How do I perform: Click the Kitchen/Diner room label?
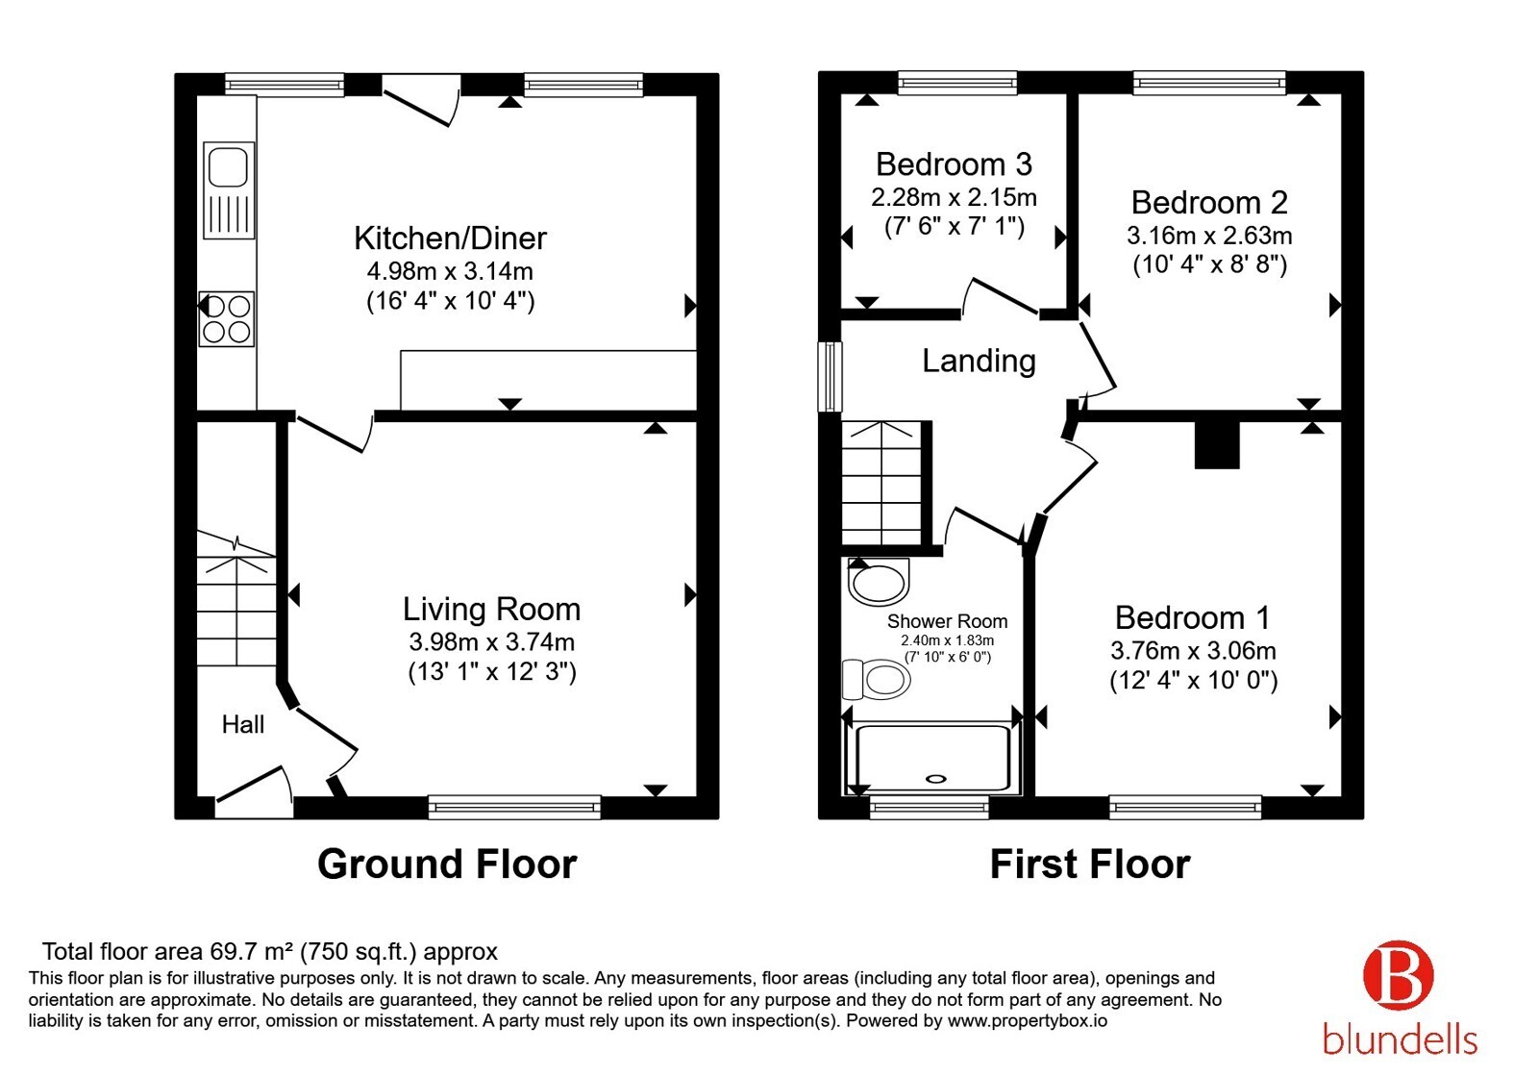click(450, 238)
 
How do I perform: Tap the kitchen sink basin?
click(228, 165)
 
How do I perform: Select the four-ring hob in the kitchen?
click(227, 318)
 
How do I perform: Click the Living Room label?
click(491, 610)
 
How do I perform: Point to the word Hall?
click(243, 724)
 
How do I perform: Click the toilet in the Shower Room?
click(876, 679)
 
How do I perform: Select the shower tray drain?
click(936, 778)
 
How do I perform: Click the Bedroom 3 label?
click(954, 164)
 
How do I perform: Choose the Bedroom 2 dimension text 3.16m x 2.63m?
click(1209, 236)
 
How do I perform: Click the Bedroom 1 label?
click(1193, 617)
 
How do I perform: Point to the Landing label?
click(979, 361)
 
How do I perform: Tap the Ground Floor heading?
click(447, 864)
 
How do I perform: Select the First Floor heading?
click(1090, 864)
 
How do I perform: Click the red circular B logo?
click(1399, 976)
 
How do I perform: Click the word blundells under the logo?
click(1400, 1040)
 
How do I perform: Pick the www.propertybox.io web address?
click(1028, 1021)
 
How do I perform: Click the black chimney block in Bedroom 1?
click(1217, 444)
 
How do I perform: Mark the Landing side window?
click(831, 376)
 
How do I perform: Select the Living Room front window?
click(514, 807)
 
